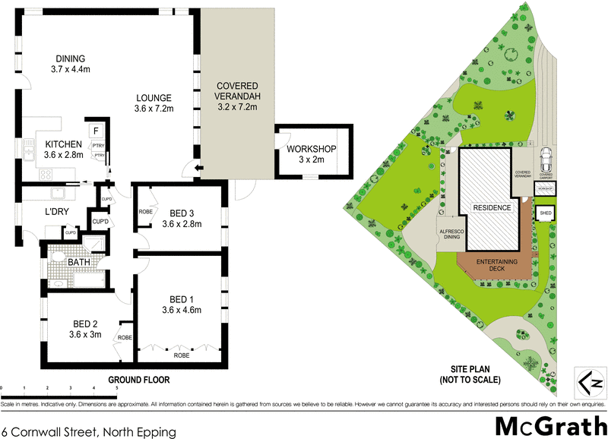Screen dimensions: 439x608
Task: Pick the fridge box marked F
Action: tap(97, 129)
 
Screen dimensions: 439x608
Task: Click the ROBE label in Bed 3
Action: tap(146, 212)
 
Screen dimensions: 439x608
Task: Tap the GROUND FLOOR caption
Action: tap(138, 379)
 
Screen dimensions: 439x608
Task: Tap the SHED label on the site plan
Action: tap(545, 213)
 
